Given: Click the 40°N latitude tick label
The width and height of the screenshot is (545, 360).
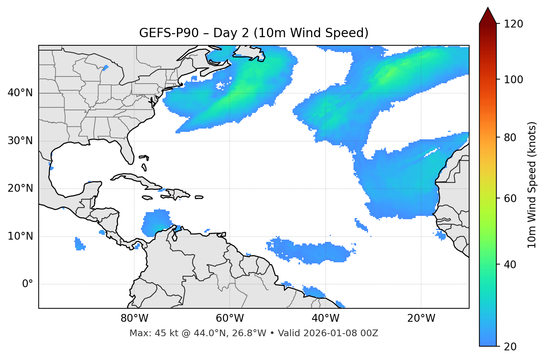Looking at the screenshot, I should coord(20,93).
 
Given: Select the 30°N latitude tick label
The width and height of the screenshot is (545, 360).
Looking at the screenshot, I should coord(20,141).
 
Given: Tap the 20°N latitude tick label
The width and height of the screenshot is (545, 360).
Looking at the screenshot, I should coord(20,188).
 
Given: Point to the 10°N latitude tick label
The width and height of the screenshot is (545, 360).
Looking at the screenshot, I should coord(20,236).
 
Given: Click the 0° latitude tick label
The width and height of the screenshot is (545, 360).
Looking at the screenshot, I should coord(28,284).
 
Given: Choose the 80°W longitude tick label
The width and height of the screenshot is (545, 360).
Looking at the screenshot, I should coord(134,318).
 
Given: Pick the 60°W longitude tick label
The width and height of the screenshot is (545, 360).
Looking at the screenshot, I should coord(230,318).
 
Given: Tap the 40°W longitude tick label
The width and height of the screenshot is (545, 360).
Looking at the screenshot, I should coord(325,318).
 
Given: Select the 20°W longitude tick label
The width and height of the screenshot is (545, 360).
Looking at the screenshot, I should coord(421,318).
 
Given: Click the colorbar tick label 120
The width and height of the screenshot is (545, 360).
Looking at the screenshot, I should coord(513,24).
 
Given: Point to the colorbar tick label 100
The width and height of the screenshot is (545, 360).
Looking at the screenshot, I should coord(513,80).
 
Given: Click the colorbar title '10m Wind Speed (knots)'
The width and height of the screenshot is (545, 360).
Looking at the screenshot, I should coord(532,185).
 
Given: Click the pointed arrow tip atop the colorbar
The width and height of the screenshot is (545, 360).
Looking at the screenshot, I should coord(488,9).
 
